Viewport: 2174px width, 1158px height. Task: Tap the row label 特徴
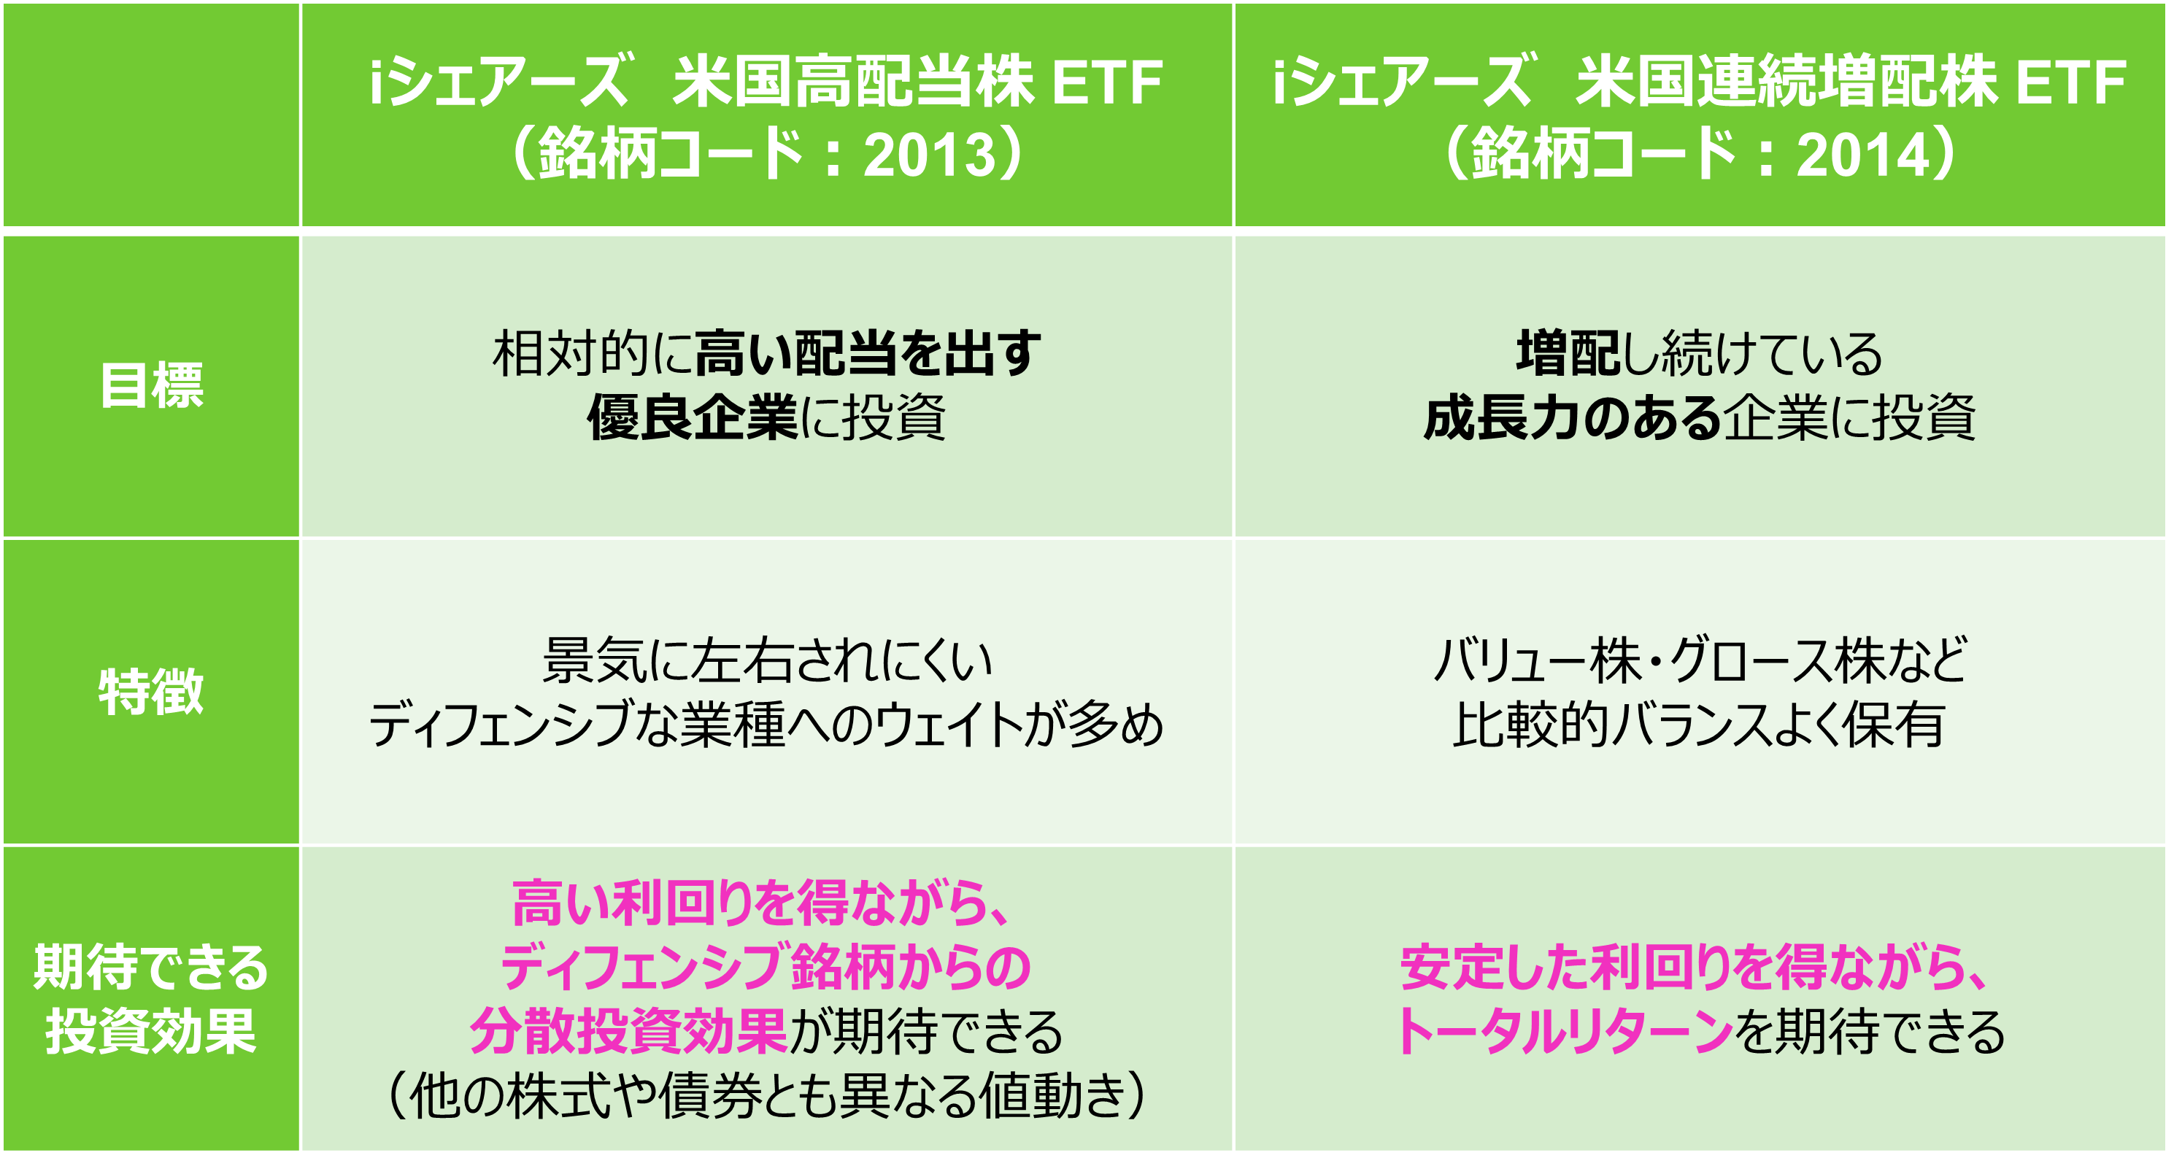coord(152,691)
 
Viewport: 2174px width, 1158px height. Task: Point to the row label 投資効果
coord(151,1031)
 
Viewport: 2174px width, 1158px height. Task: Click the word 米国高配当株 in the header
coord(853,82)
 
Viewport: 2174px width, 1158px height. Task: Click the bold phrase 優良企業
coord(692,417)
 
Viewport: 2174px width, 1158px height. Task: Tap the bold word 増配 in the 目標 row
coord(1568,353)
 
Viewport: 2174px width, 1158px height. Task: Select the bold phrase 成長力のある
coord(1572,417)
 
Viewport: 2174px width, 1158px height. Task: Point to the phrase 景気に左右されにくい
coord(767,660)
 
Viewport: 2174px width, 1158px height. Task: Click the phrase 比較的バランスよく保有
coord(1699,724)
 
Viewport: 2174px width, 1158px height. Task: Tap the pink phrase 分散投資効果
coord(629,1031)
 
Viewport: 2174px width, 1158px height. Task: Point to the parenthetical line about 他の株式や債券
coord(767,1095)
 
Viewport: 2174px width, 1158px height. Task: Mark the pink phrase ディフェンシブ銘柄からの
coord(766,968)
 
